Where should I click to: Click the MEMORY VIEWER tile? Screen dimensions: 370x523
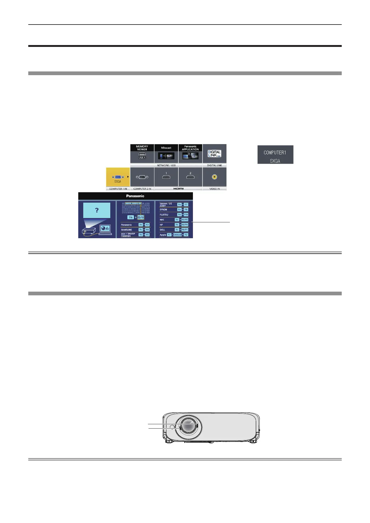[142, 153]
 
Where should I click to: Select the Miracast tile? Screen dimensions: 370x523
[166, 153]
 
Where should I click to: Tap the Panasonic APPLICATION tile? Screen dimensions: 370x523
[190, 153]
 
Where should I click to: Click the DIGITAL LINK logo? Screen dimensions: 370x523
[214, 153]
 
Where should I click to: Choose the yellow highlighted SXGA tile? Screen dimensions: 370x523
[118, 177]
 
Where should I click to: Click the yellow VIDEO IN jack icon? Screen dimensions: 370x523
[214, 177]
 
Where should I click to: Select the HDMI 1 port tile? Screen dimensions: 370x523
[166, 177]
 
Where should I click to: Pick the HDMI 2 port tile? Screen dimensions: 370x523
[190, 177]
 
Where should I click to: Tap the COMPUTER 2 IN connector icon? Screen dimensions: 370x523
[142, 177]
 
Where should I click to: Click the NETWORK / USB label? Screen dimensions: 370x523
[166, 165]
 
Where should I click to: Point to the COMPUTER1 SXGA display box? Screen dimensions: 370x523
[275, 155]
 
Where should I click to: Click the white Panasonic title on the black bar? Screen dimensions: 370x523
[135, 196]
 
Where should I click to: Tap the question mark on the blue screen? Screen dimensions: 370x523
[97, 210]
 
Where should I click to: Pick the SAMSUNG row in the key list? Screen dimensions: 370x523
[135, 230]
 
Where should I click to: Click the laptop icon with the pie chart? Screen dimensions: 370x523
[105, 229]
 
